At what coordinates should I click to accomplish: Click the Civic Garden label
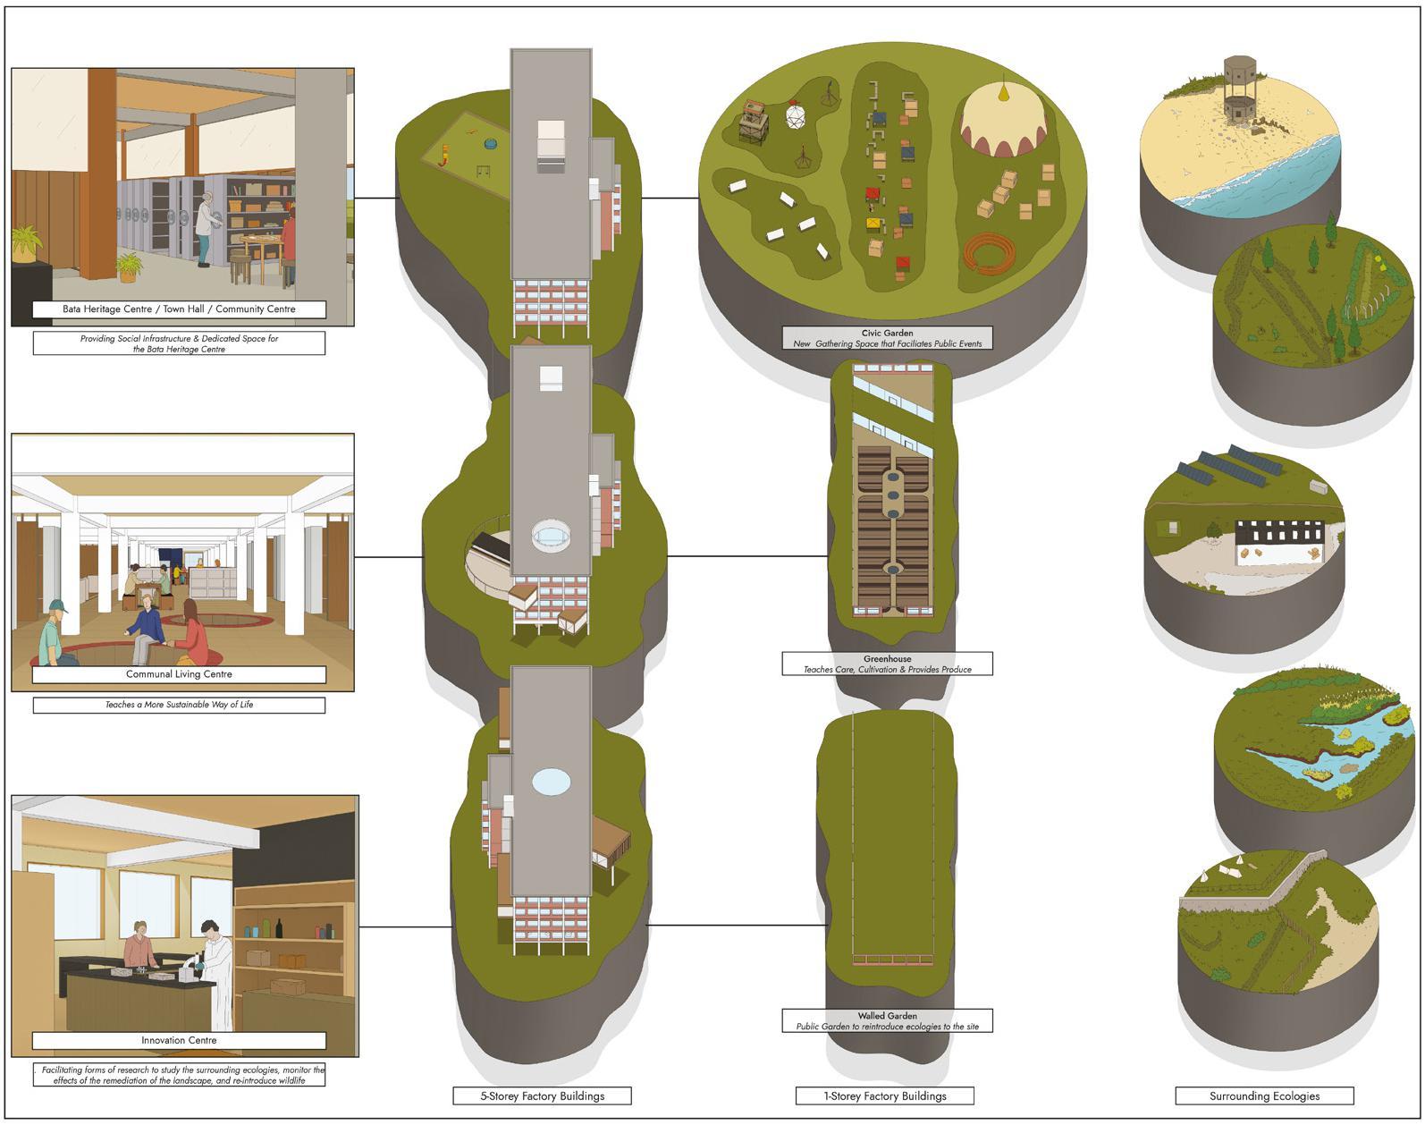coord(887,333)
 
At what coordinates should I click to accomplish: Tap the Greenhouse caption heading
coord(887,659)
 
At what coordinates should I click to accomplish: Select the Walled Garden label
coord(887,1016)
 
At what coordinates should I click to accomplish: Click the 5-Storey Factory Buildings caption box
coord(542,1095)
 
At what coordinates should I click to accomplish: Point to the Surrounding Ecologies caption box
coord(1264,1095)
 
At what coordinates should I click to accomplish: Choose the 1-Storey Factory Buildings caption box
coord(884,1095)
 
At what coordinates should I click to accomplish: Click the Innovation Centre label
coord(179,1040)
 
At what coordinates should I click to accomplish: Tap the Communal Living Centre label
coord(179,674)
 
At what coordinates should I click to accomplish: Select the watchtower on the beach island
coord(1239,86)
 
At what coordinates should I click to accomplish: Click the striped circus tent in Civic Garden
coord(1003,120)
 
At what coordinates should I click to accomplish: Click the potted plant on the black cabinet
coord(26,241)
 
